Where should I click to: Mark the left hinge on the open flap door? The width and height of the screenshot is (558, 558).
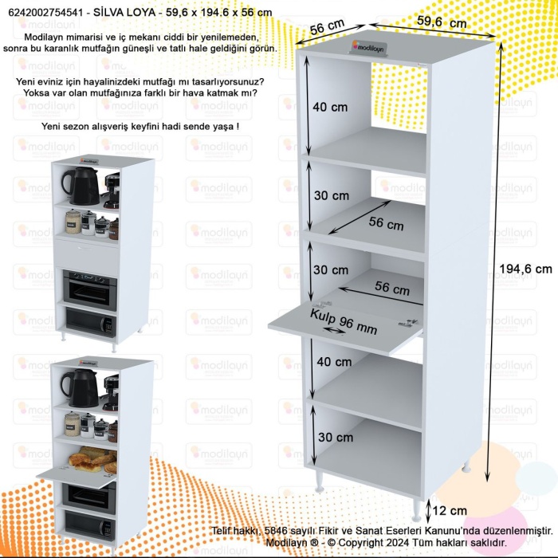pos(321,303)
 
